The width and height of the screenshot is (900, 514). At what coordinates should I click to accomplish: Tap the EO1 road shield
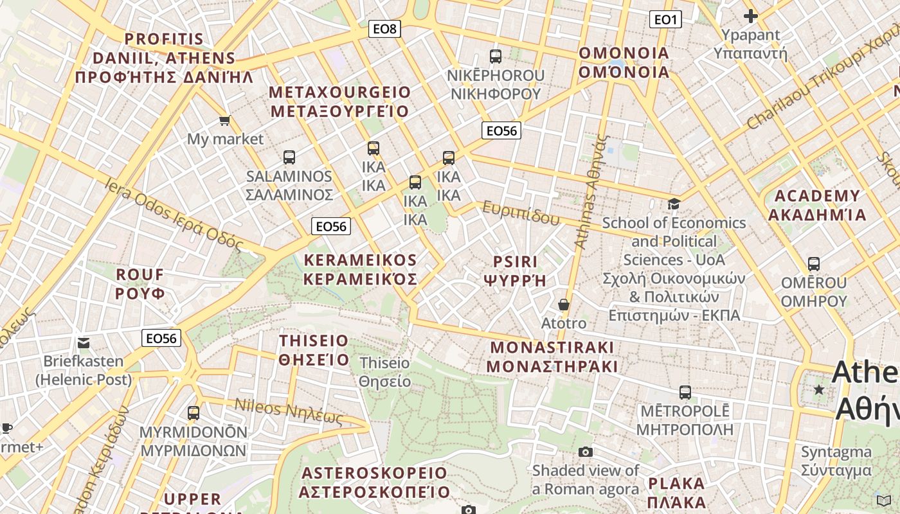665,20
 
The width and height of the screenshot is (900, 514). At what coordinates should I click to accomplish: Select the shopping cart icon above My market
225,120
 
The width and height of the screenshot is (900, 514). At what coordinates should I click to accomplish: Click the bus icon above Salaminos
289,157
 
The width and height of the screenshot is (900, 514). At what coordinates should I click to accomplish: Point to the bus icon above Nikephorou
496,56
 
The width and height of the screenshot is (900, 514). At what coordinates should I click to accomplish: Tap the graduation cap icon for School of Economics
674,204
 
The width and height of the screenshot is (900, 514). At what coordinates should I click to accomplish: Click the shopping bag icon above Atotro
564,304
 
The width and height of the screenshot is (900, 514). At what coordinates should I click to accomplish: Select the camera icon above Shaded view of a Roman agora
585,452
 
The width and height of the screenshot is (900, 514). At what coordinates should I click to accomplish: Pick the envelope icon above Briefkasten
84,342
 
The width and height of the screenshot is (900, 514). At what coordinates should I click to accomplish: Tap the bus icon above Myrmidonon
194,413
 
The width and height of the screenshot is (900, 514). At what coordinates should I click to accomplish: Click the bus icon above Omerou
814,263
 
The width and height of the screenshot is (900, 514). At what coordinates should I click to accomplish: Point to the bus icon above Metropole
685,392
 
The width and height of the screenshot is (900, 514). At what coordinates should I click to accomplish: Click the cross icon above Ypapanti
750,16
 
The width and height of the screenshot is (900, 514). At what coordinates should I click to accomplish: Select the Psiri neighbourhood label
515,270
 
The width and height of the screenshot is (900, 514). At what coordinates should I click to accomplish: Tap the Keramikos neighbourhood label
360,270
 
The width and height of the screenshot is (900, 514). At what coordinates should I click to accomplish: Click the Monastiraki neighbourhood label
552,357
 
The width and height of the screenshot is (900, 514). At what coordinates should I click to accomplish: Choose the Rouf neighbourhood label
140,284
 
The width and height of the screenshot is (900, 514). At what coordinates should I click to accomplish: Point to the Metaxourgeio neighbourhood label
339,102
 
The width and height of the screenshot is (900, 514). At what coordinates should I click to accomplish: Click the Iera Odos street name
174,215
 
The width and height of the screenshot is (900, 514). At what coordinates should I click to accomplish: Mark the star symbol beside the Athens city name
819,389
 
